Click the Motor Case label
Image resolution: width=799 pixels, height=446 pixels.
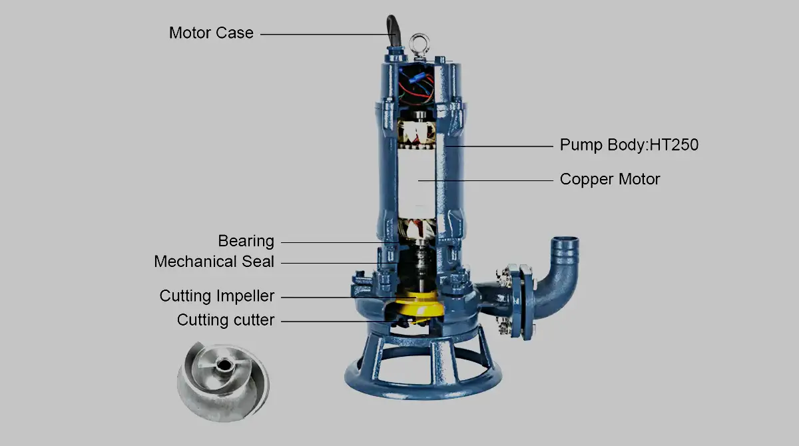pyautogui.click(x=211, y=33)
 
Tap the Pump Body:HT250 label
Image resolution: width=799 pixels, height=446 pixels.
pyautogui.click(x=629, y=144)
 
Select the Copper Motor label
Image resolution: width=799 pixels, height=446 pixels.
pyautogui.click(x=610, y=179)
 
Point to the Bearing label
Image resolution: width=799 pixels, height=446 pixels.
pyautogui.click(x=246, y=241)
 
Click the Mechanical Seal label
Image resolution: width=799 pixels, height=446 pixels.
pyautogui.click(x=214, y=262)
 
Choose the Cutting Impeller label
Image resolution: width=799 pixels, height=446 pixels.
pyautogui.click(x=217, y=296)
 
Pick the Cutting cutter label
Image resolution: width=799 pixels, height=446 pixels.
pyautogui.click(x=226, y=320)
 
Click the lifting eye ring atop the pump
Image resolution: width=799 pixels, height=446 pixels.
pyautogui.click(x=419, y=43)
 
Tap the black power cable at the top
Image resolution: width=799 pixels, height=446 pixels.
pyautogui.click(x=394, y=31)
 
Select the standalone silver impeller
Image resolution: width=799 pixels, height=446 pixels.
pyautogui.click(x=223, y=382)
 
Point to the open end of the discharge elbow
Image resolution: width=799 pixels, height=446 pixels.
pyautogui.click(x=565, y=240)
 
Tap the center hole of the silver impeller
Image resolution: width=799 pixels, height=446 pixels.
pyautogui.click(x=224, y=365)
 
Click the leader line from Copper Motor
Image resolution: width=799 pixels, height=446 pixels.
pyautogui.click(x=485, y=181)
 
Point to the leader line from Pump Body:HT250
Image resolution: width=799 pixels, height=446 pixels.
pyautogui.click(x=499, y=146)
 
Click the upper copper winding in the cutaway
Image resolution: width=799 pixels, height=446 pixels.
pyautogui.click(x=417, y=134)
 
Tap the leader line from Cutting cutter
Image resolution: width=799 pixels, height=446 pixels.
pyautogui.click(x=339, y=322)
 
